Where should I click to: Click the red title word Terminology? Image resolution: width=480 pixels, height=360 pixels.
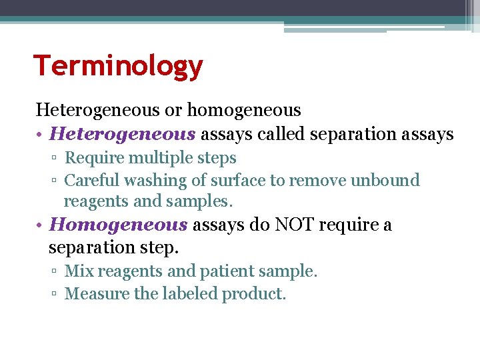click(118, 67)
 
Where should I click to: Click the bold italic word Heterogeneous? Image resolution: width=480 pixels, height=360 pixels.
click(123, 134)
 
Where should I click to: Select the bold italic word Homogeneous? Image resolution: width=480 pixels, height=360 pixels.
click(119, 225)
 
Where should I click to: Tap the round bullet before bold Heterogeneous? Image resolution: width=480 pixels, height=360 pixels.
click(40, 135)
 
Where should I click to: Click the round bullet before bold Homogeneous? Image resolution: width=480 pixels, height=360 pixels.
click(40, 225)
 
